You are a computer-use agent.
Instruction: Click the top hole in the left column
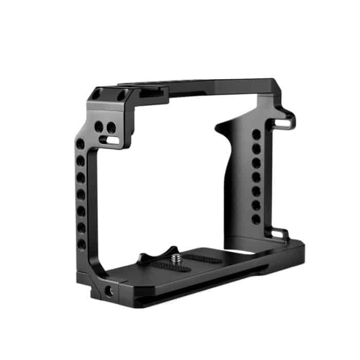click(81, 145)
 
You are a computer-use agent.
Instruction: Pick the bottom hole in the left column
click(82, 244)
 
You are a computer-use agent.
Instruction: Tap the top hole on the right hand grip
click(256, 135)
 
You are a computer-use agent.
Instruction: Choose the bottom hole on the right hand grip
click(256, 219)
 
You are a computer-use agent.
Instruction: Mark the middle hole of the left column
click(81, 194)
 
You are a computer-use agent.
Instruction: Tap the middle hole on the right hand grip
click(256, 177)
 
